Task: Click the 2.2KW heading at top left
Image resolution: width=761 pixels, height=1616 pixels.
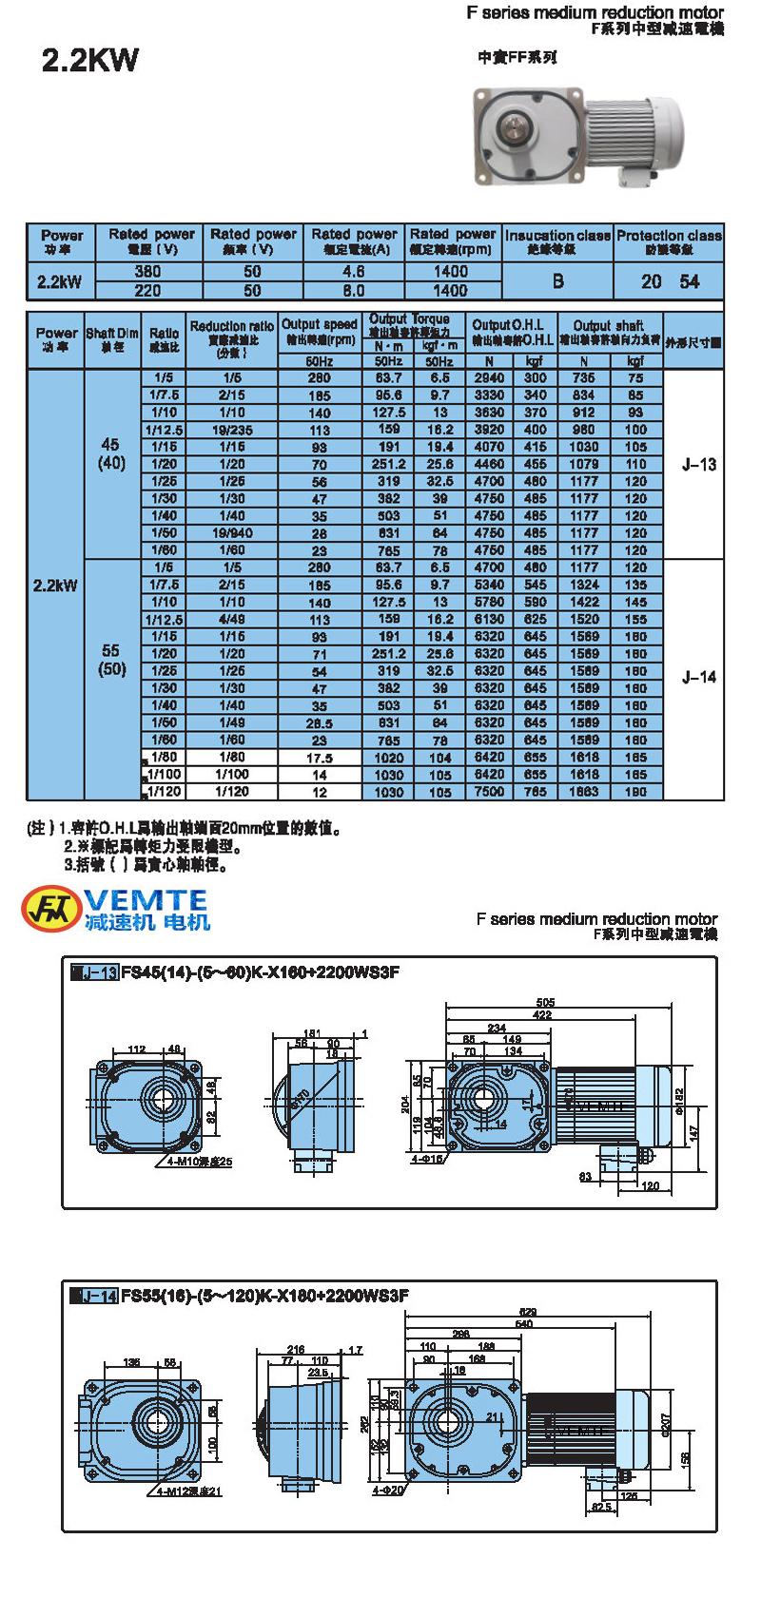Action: pyautogui.click(x=90, y=61)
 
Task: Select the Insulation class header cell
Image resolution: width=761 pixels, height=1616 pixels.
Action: pyautogui.click(x=557, y=241)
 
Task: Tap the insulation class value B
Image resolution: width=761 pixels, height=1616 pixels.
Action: pyautogui.click(x=557, y=281)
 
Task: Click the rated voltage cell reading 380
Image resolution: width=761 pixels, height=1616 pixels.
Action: pyautogui.click(x=148, y=272)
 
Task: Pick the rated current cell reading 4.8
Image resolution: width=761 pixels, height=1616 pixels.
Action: pyautogui.click(x=354, y=272)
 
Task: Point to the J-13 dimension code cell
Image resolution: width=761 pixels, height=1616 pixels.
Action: pyautogui.click(x=698, y=465)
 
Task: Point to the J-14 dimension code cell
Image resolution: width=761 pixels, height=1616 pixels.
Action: pyautogui.click(x=698, y=677)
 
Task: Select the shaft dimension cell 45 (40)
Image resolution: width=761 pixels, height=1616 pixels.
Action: pyautogui.click(x=111, y=453)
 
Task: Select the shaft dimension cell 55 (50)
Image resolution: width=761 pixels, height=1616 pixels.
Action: pyautogui.click(x=111, y=660)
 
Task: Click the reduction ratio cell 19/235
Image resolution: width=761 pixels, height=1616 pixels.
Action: pyautogui.click(x=231, y=430)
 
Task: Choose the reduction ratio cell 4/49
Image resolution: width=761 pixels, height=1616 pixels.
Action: pyautogui.click(x=231, y=620)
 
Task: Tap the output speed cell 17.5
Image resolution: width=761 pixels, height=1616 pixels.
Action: pyautogui.click(x=320, y=759)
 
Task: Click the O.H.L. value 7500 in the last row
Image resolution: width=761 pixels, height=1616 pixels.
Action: pyautogui.click(x=489, y=792)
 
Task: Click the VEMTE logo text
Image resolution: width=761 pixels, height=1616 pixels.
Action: pyautogui.click(x=146, y=900)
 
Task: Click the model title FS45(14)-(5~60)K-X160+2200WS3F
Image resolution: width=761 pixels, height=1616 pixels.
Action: pyautogui.click(x=260, y=972)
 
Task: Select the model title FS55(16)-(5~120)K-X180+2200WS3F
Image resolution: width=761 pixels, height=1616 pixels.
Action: pyautogui.click(x=264, y=1296)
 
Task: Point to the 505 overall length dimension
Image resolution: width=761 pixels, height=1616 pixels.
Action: pyautogui.click(x=545, y=1003)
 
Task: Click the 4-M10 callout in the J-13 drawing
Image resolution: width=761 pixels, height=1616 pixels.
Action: pyautogui.click(x=199, y=1162)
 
